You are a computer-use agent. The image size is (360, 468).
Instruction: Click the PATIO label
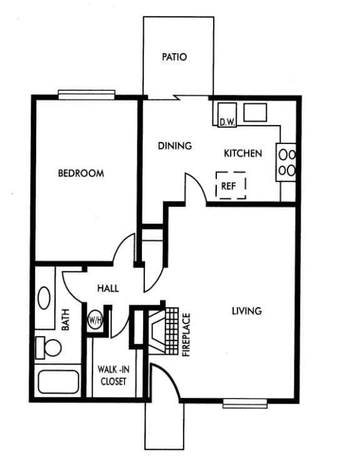pos(174,57)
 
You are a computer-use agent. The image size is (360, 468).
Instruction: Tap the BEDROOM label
pos(81,173)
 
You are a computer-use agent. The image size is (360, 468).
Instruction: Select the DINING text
pos(174,146)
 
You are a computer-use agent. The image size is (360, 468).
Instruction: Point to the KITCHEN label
pos(243,153)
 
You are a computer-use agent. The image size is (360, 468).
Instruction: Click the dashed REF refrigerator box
pos(231,185)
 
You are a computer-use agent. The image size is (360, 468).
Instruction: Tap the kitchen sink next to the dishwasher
pos(256,113)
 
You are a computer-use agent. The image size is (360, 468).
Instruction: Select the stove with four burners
pos(287,161)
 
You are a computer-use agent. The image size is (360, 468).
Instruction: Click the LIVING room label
pos(246,310)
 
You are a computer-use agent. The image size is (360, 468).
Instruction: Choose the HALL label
pos(108,288)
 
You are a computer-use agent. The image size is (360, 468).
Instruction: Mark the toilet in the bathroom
pos(49,346)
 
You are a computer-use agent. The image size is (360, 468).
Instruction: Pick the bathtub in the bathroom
pos(57,381)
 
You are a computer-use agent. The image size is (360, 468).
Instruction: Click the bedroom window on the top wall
pos(87,94)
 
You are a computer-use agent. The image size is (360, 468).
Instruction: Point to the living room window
pos(245,403)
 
